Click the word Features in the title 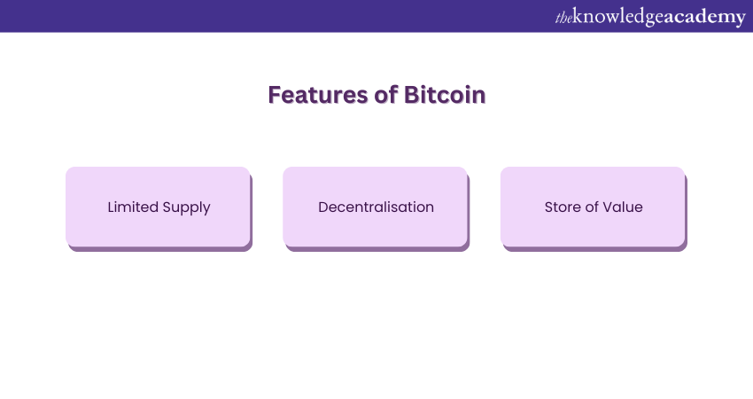[x=318, y=95]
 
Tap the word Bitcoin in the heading [x=445, y=95]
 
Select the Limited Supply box [x=159, y=208]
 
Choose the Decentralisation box [x=376, y=208]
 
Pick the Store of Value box [x=594, y=208]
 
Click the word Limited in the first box [x=133, y=207]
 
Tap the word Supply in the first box [x=186, y=208]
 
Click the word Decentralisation [x=376, y=207]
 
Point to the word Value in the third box [x=623, y=207]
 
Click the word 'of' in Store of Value [x=592, y=207]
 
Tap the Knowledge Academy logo [x=650, y=17]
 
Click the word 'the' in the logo [x=563, y=18]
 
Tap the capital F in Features [x=275, y=95]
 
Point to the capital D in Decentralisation [x=323, y=207]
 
